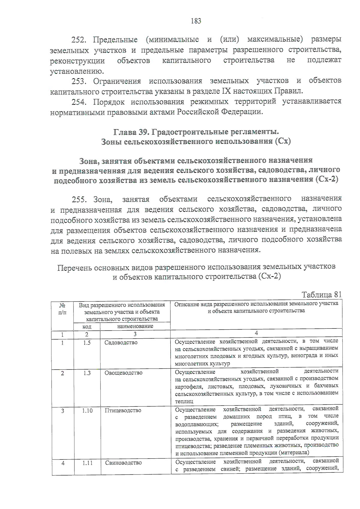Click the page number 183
click(196, 21)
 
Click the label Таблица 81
click(322, 294)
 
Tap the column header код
click(87, 326)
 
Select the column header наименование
click(135, 326)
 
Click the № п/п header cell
click(62, 309)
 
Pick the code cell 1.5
click(87, 343)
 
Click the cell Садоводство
click(121, 343)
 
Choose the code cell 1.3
click(87, 373)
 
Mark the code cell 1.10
click(87, 411)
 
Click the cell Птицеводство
click(123, 410)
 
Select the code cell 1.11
click(87, 463)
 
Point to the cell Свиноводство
click(123, 463)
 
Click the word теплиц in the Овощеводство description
click(184, 401)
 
